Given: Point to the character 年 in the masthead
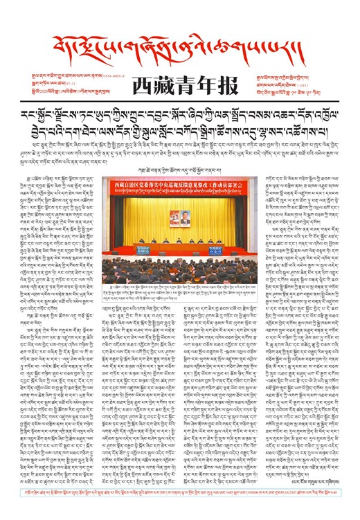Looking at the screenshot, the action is (199, 80).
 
